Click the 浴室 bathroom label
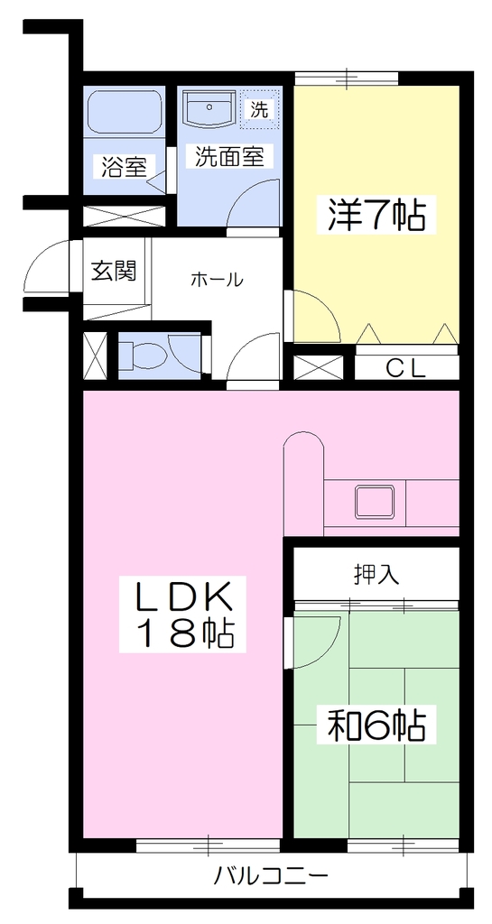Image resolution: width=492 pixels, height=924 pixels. (124, 167)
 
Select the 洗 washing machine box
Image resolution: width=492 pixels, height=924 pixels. (259, 109)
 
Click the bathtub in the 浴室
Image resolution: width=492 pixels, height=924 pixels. (125, 112)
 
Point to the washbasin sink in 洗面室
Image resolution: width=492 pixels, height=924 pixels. (209, 108)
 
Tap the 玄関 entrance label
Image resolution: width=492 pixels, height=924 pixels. (115, 271)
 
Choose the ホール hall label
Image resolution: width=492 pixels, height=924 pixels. (217, 280)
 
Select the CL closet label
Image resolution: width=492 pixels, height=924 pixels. (406, 368)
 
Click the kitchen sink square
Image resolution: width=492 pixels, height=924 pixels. (374, 501)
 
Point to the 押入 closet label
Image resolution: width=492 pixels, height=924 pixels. (376, 573)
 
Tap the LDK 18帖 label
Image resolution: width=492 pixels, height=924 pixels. (182, 615)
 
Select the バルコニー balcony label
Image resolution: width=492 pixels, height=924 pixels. (271, 875)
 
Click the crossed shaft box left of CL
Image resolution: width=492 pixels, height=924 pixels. (318, 368)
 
